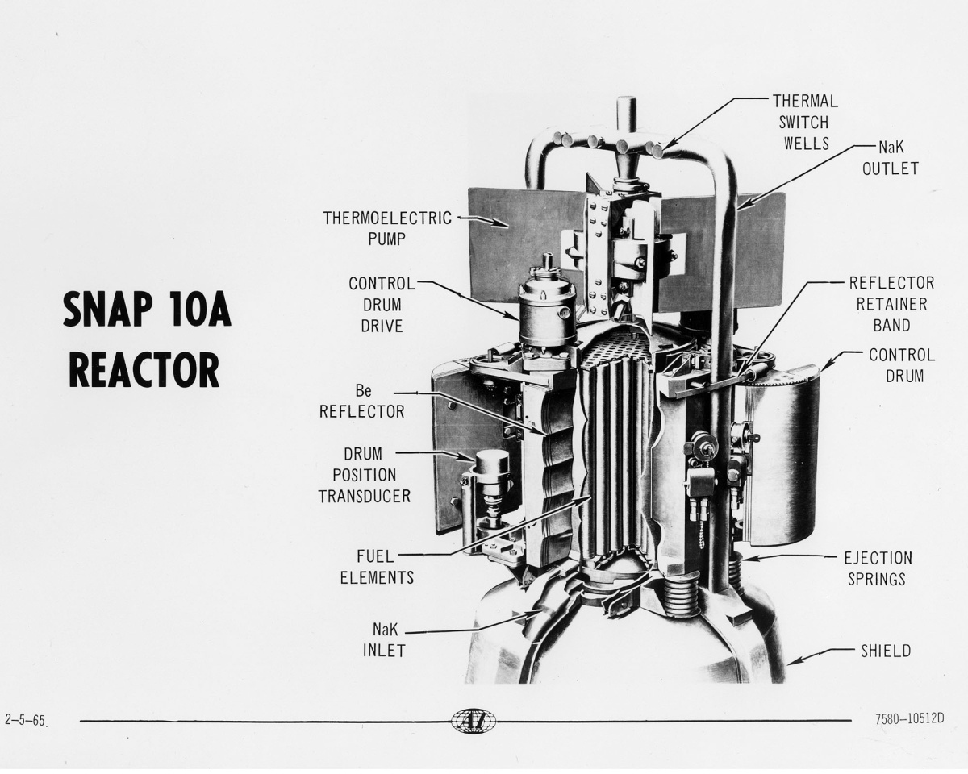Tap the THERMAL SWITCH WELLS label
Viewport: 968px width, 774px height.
pos(805,123)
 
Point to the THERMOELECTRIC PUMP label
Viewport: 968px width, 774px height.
pos(386,227)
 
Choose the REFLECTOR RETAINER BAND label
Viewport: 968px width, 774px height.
pos(891,305)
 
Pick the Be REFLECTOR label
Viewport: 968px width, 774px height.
pos(361,402)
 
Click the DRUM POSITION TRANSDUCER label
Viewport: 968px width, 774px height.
pos(364,476)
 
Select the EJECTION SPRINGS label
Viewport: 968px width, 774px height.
pos(878,568)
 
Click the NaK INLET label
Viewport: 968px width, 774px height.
pos(382,639)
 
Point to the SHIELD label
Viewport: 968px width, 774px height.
pos(885,651)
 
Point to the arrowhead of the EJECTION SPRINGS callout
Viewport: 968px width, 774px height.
pos(745,558)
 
